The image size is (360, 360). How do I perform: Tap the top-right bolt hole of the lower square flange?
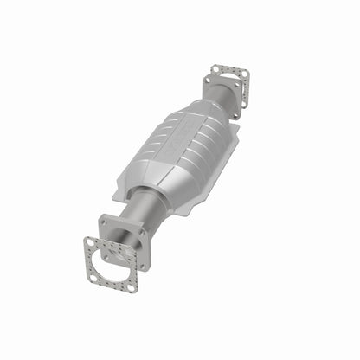141,231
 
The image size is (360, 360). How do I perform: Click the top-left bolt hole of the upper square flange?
208,80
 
